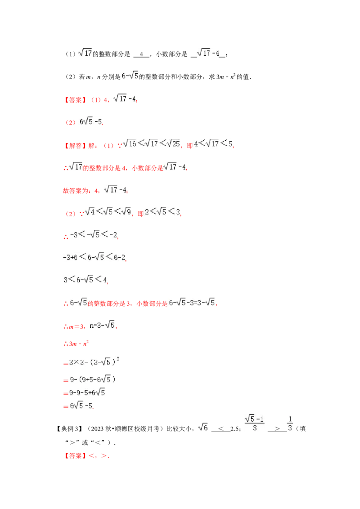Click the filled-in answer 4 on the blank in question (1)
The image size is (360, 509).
click(x=141, y=54)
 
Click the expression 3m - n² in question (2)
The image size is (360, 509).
click(x=226, y=76)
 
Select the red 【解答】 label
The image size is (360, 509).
click(x=75, y=146)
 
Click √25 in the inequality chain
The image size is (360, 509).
click(x=174, y=143)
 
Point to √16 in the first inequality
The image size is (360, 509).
click(x=130, y=143)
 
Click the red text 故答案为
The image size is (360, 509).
click(x=75, y=191)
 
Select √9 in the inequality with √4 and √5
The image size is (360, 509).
click(x=126, y=212)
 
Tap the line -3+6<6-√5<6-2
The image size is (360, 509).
click(x=94, y=257)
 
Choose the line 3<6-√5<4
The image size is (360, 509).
click(x=85, y=280)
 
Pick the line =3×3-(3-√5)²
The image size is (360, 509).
click(x=92, y=362)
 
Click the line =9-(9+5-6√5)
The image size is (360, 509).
click(x=90, y=379)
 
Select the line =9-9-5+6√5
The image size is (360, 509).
click(x=84, y=393)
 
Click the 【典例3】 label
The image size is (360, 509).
click(x=70, y=429)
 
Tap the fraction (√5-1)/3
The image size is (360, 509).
click(x=254, y=423)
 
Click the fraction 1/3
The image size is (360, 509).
click(x=290, y=424)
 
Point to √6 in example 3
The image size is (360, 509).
click(x=203, y=427)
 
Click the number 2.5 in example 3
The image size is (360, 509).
click(x=234, y=429)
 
